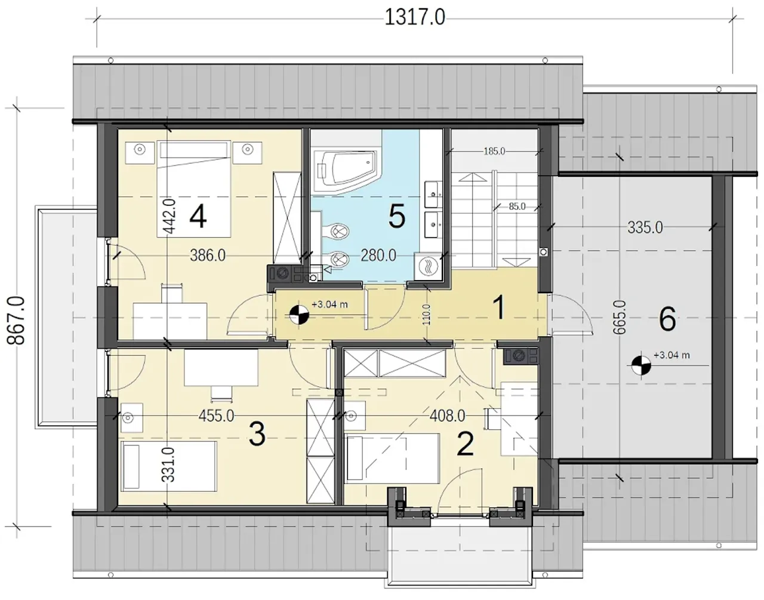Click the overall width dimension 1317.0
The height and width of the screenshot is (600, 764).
415,17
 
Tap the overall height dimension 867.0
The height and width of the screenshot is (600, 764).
16,320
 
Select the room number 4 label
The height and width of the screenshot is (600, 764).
198,217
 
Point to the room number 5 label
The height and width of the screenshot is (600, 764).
397,217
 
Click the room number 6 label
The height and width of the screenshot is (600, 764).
667,319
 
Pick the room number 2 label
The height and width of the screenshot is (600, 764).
465,444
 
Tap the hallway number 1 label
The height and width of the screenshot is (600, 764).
499,307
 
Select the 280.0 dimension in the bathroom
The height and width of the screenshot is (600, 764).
378,256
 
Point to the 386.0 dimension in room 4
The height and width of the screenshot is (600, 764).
208,256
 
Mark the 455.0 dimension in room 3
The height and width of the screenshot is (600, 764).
216,416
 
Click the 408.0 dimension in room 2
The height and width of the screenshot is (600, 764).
447,416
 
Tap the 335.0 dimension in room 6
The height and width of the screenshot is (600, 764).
645,228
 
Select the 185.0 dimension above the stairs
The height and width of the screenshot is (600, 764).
494,151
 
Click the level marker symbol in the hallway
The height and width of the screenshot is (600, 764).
299,315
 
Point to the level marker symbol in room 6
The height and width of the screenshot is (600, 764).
641,365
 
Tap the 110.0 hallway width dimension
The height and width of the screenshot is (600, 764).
426,315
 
